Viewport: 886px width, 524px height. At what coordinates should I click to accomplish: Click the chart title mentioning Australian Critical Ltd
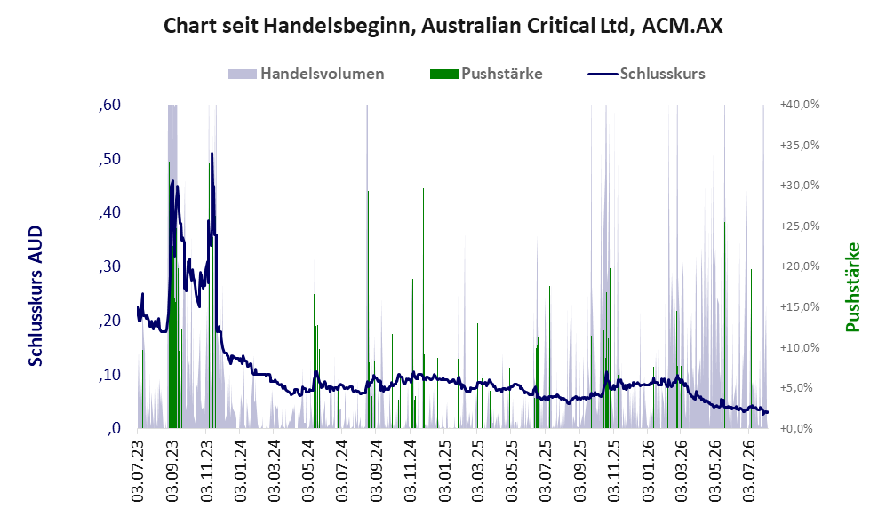pos(443,26)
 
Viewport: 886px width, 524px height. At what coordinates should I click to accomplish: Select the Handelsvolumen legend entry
pos(307,74)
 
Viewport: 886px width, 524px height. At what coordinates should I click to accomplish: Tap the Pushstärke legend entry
pos(486,74)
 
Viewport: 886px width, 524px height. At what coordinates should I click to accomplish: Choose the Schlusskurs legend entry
pos(646,74)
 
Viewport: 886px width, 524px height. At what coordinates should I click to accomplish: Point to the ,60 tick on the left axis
pos(109,105)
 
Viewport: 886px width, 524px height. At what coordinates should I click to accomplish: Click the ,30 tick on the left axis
pos(109,266)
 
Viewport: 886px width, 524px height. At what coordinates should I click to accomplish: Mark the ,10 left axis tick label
pos(109,375)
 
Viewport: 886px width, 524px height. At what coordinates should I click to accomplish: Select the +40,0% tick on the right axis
pos(800,105)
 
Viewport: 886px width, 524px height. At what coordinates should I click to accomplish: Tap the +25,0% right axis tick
pos(800,226)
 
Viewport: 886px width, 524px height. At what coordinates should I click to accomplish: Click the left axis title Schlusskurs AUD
pos(36,296)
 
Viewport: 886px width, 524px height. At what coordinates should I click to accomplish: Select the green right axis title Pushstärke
pos(852,288)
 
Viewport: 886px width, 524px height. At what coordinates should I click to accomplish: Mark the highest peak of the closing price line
pos(212,153)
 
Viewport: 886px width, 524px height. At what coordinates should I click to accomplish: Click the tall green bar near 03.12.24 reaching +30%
pos(423,308)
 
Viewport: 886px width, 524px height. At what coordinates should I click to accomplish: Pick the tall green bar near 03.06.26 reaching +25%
pos(724,325)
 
